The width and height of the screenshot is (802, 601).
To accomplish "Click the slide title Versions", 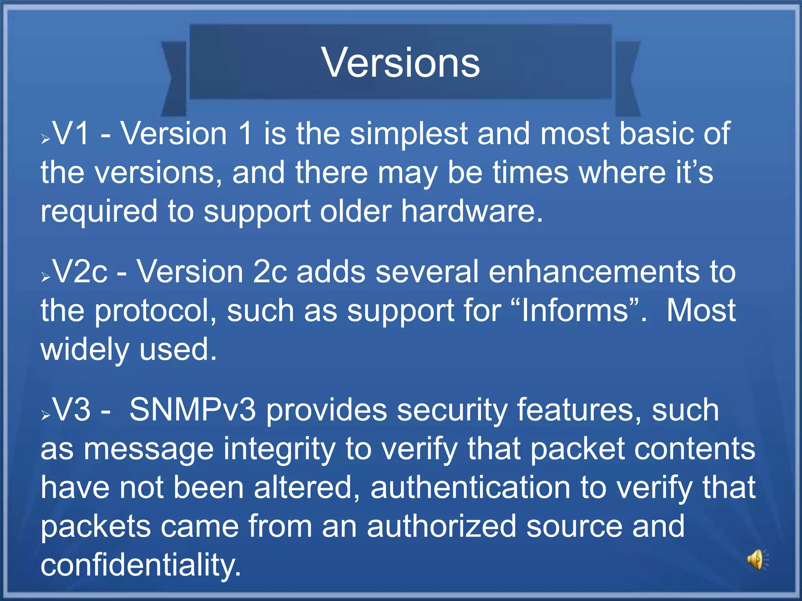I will tap(401, 63).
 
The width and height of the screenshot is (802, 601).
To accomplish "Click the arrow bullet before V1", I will tap(46, 139).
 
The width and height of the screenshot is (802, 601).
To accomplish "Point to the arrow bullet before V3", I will tap(46, 415).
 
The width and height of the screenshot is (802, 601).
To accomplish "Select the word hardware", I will tap(472, 211).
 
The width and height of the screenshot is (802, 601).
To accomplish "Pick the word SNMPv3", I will tap(193, 410).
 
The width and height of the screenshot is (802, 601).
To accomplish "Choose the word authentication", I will tap(470, 488).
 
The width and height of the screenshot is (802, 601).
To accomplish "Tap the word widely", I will tap(85, 349).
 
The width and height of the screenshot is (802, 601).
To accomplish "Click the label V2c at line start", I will tap(80, 272).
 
